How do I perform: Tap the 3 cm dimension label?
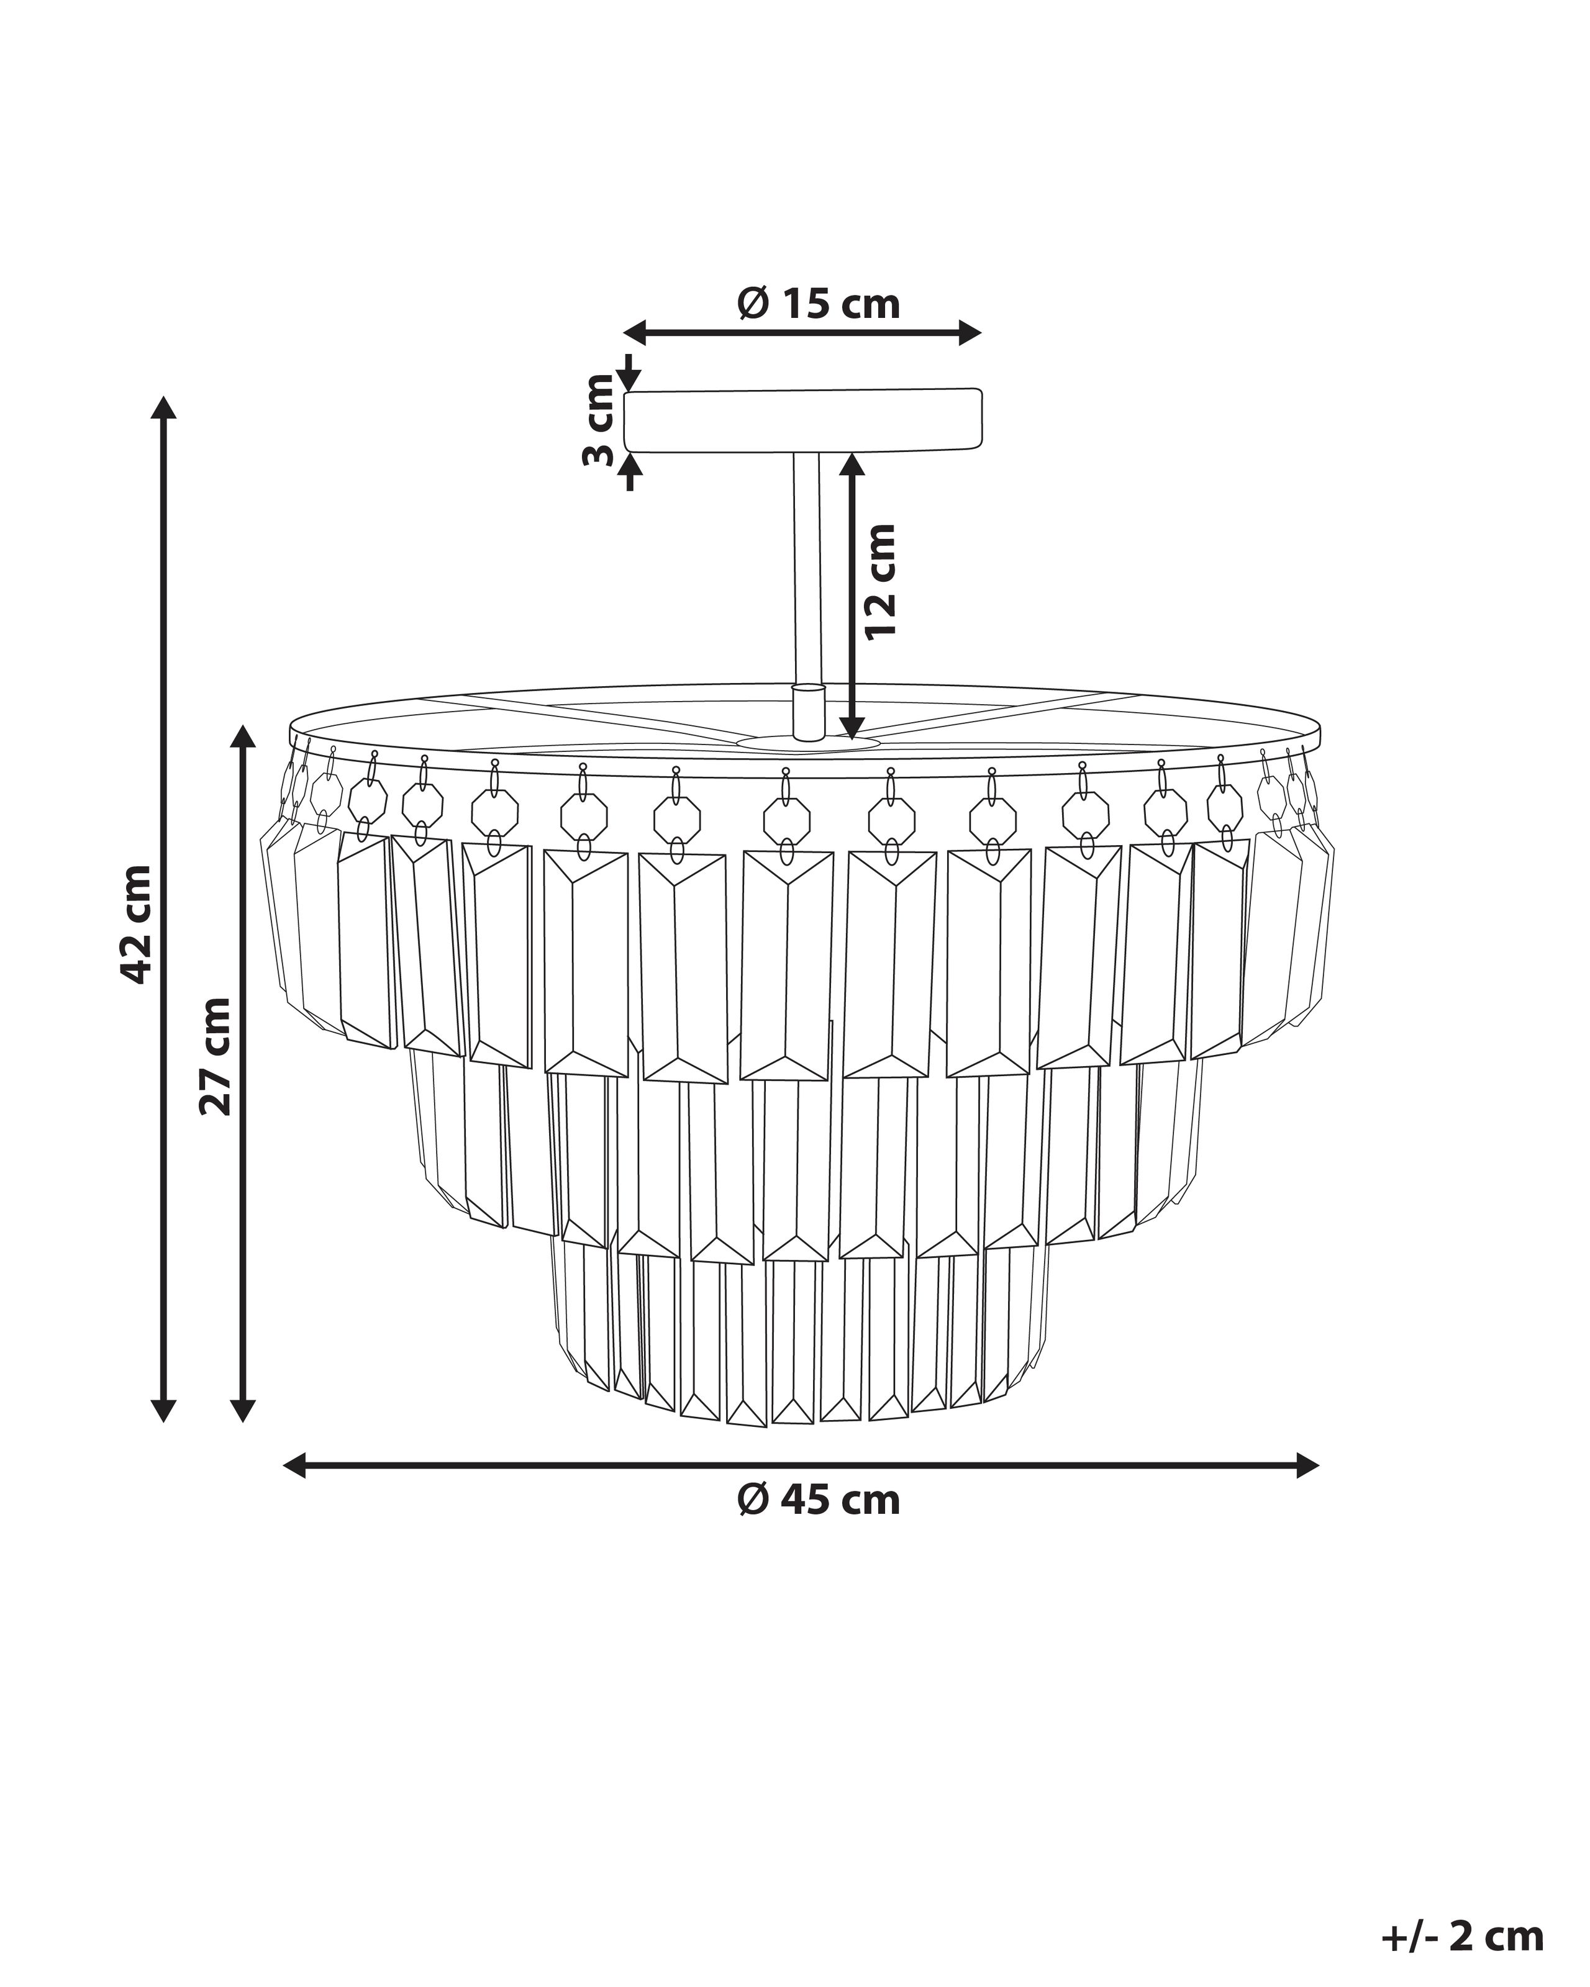pyautogui.click(x=599, y=420)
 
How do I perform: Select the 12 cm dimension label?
pyautogui.click(x=880, y=581)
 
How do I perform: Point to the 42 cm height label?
pyautogui.click(x=137, y=925)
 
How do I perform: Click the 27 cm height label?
pyautogui.click(x=217, y=1057)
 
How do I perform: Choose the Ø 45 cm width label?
pyautogui.click(x=819, y=1501)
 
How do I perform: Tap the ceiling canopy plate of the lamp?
pyautogui.click(x=804, y=421)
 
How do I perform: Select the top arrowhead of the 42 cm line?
pyautogui.click(x=163, y=407)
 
